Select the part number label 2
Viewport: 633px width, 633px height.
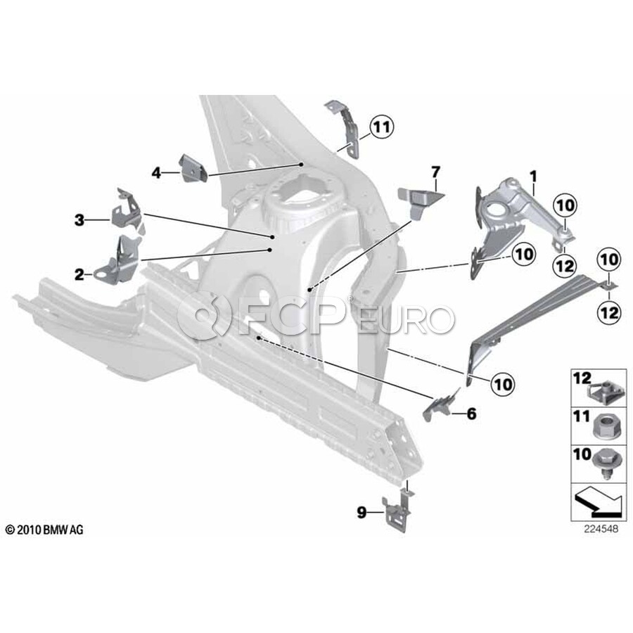[79, 274]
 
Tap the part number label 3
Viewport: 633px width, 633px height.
[79, 220]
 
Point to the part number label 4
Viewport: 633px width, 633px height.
[156, 171]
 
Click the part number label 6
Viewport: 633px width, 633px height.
[471, 414]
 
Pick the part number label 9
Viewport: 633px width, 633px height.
[362, 513]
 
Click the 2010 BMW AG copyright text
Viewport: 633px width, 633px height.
[44, 530]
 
